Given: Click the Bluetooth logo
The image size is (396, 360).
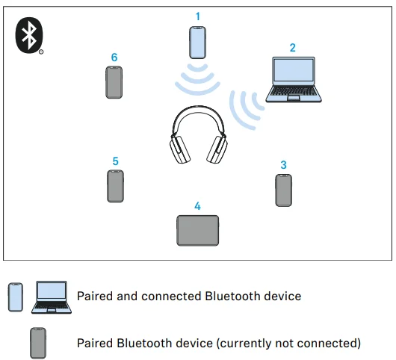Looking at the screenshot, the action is coord(29,35).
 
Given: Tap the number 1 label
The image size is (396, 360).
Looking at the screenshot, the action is coord(198,16).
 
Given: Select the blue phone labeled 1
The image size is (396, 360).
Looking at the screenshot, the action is coord(197,43).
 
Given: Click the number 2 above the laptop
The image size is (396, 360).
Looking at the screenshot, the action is coord(292,48).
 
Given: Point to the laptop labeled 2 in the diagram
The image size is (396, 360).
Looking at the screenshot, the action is coord(294,79).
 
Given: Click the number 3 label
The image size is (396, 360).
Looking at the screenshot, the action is coord(283,165).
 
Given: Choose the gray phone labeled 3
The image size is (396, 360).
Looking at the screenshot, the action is coord(283,190).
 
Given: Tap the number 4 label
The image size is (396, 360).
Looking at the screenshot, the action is coord(197,206).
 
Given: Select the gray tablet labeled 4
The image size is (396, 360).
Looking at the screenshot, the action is coord(198,230).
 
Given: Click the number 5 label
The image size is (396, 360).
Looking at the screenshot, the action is coord(115,161).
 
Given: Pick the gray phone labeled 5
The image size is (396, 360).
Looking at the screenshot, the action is coord(115,186).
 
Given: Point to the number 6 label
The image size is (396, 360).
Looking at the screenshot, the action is coord(114,58).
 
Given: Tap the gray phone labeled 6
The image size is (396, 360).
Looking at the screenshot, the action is coord(114,82).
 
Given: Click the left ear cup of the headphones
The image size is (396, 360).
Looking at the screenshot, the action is coord(179,149).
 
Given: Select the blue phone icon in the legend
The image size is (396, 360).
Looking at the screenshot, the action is coord(16,297).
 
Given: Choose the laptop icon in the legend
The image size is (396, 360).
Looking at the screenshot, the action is coord(52,297).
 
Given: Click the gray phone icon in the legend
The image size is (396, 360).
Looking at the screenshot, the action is coord(38,343).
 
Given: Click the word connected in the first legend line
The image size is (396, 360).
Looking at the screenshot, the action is coord(172,296).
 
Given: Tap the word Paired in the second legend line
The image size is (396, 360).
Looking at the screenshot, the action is coord(95,343).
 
